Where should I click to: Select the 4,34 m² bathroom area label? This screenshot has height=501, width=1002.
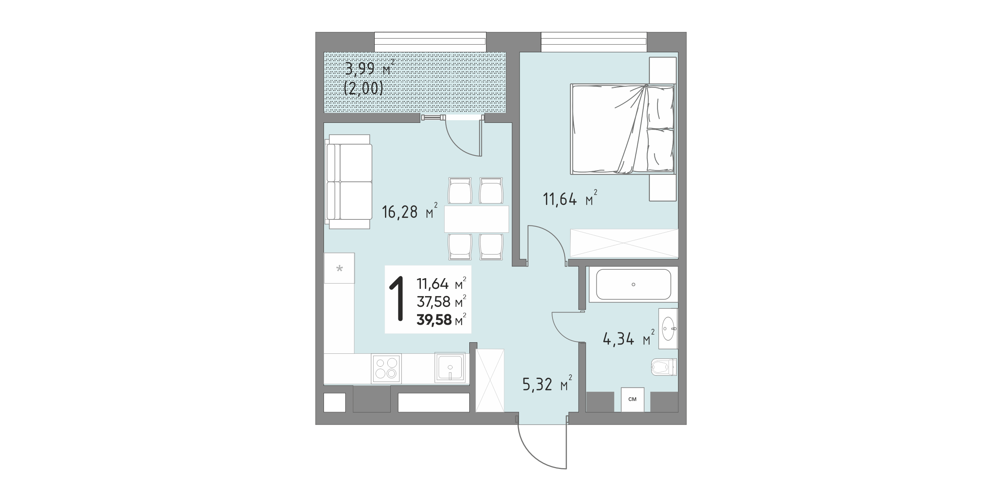(x=628, y=338)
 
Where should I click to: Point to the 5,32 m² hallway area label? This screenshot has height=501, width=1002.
(x=547, y=383)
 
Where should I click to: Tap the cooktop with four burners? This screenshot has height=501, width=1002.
(x=114, y=368)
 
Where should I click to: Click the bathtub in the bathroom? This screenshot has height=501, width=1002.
(x=633, y=284)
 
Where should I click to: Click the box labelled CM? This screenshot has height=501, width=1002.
(x=633, y=399)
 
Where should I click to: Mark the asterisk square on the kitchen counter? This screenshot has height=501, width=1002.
(x=340, y=268)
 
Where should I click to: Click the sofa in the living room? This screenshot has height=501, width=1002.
(x=348, y=182)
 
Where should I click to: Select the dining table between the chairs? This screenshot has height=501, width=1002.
(x=477, y=219)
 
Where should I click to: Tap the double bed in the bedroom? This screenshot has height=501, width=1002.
(x=623, y=129)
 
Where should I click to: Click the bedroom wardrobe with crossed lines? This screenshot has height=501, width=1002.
(x=624, y=243)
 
